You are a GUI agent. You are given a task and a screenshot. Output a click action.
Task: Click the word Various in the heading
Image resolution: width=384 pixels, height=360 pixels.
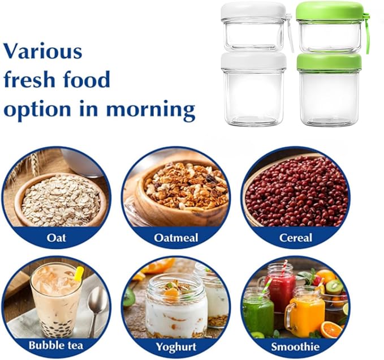point(42,51)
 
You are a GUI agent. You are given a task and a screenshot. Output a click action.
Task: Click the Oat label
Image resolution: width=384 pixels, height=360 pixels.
point(56,238)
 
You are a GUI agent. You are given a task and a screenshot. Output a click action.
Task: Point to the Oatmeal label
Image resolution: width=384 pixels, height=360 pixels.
point(176,238)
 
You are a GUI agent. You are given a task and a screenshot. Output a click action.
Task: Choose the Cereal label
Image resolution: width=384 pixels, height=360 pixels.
point(295,238)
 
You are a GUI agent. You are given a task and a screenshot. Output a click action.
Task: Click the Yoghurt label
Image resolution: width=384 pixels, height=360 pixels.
point(176,346)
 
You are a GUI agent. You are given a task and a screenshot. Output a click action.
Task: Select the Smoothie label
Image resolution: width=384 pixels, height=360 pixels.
point(295,346)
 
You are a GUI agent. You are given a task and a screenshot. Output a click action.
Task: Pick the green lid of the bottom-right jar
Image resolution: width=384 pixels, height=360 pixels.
point(329,61)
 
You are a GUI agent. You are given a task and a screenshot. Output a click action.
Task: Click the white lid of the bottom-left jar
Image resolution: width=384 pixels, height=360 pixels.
point(253,61)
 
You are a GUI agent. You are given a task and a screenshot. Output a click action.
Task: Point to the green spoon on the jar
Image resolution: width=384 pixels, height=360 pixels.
point(366,34)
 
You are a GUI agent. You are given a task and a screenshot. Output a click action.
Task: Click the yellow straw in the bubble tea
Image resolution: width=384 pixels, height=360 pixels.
point(78,275)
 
